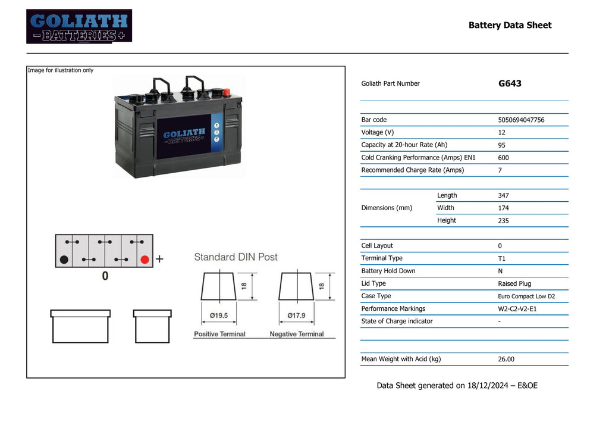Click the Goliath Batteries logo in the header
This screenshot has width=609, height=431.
[x=79, y=26]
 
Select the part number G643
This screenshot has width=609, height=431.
[x=510, y=84]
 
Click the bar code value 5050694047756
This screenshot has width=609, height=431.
[x=521, y=120]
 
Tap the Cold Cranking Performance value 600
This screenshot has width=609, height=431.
[x=503, y=158]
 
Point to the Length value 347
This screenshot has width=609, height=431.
[x=503, y=195]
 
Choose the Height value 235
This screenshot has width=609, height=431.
[x=503, y=221]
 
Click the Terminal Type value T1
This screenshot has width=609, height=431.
[x=501, y=258]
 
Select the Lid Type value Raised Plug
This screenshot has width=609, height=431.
[x=514, y=284]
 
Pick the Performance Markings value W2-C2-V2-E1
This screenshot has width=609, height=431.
[x=517, y=309]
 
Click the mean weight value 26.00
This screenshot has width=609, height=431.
[x=506, y=360]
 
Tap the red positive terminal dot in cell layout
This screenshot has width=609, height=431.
[x=145, y=260]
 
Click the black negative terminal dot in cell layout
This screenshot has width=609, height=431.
[x=64, y=260]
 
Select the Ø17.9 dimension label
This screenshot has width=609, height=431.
[x=296, y=316]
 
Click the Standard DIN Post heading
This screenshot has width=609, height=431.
[x=236, y=257]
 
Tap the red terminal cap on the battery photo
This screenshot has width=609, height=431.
[x=225, y=92]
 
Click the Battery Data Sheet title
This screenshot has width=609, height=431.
[x=510, y=25]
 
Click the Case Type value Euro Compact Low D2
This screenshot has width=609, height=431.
[x=526, y=296]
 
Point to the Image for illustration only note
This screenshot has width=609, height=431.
[x=61, y=70]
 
